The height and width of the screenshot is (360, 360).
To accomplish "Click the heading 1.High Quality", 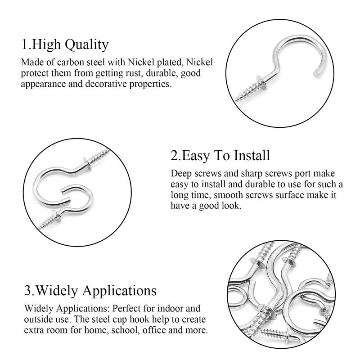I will pyautogui.click(x=65, y=45).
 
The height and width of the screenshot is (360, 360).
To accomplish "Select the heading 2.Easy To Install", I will pyautogui.click(x=220, y=156).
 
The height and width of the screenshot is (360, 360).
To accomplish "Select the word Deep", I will pyautogui.click(x=180, y=174).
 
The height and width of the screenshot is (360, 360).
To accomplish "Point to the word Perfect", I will pyautogui.click(x=128, y=309).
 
